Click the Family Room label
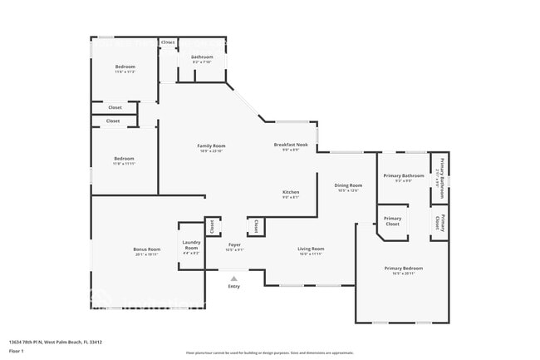(x=211, y=145)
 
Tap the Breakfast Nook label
(x=291, y=145)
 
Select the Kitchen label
(x=291, y=192)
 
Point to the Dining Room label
(x=348, y=185)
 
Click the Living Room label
(x=311, y=249)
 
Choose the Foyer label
(x=234, y=244)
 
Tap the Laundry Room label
(x=191, y=246)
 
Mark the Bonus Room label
(x=146, y=249)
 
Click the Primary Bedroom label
(x=403, y=268)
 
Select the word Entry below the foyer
(x=234, y=287)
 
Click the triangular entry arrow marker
(x=234, y=279)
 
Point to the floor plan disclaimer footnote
(x=270, y=353)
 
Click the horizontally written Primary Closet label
(x=392, y=221)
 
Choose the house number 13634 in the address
(x=16, y=342)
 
